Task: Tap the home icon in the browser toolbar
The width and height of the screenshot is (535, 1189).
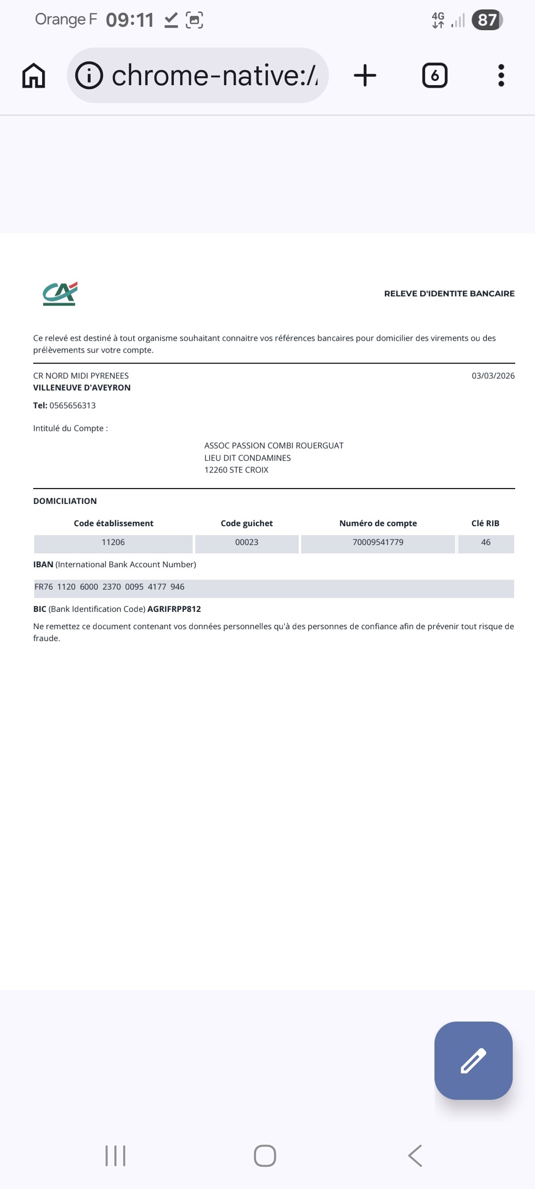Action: tap(34, 76)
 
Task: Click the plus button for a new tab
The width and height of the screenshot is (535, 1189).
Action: tap(365, 76)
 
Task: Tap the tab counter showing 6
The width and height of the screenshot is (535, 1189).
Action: tap(434, 76)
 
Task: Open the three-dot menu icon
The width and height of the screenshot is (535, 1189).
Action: tap(501, 76)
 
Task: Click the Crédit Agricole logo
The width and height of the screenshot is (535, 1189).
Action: tap(60, 294)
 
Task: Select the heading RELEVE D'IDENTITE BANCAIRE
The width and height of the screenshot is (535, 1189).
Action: tap(449, 294)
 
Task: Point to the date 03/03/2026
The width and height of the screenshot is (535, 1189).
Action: tap(492, 376)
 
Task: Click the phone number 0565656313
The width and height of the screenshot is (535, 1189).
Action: tap(72, 406)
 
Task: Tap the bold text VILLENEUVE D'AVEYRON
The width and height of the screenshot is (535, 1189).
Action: tap(82, 388)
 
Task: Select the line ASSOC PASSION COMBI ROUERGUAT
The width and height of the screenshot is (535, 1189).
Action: tap(273, 446)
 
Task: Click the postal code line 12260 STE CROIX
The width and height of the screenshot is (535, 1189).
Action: tap(236, 470)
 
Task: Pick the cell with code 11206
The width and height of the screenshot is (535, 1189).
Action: tap(113, 542)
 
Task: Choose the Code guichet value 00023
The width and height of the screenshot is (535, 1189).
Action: tap(247, 542)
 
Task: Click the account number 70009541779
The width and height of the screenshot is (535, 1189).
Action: tap(378, 542)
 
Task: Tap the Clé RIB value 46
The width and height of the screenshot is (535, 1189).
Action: tap(485, 542)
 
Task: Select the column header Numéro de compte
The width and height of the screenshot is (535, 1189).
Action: tap(378, 524)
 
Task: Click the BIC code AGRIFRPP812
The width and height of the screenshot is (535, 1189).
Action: tap(174, 609)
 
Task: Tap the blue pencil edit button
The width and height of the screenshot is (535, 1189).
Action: tap(473, 1061)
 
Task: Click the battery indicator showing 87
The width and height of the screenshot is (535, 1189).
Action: tap(487, 20)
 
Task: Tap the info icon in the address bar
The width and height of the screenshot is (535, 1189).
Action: tap(89, 76)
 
